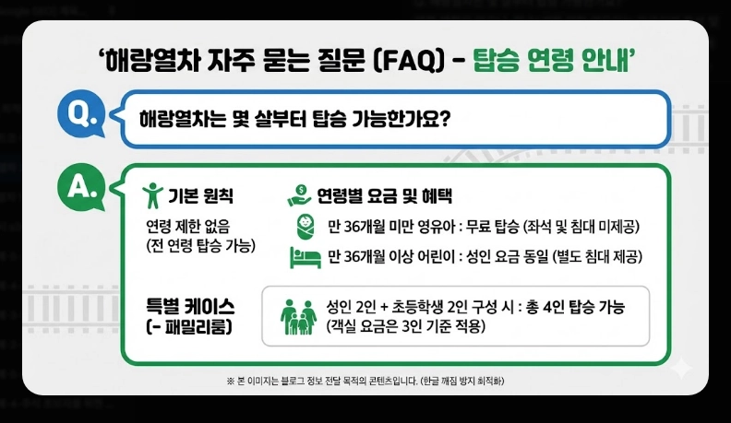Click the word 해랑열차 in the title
[x=150, y=63]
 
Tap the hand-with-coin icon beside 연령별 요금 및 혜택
[x=298, y=195]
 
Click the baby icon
[x=303, y=227]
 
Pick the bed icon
[x=305, y=255]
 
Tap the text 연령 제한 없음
[x=188, y=226]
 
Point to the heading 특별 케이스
[x=191, y=305]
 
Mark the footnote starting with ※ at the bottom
[x=365, y=381]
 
